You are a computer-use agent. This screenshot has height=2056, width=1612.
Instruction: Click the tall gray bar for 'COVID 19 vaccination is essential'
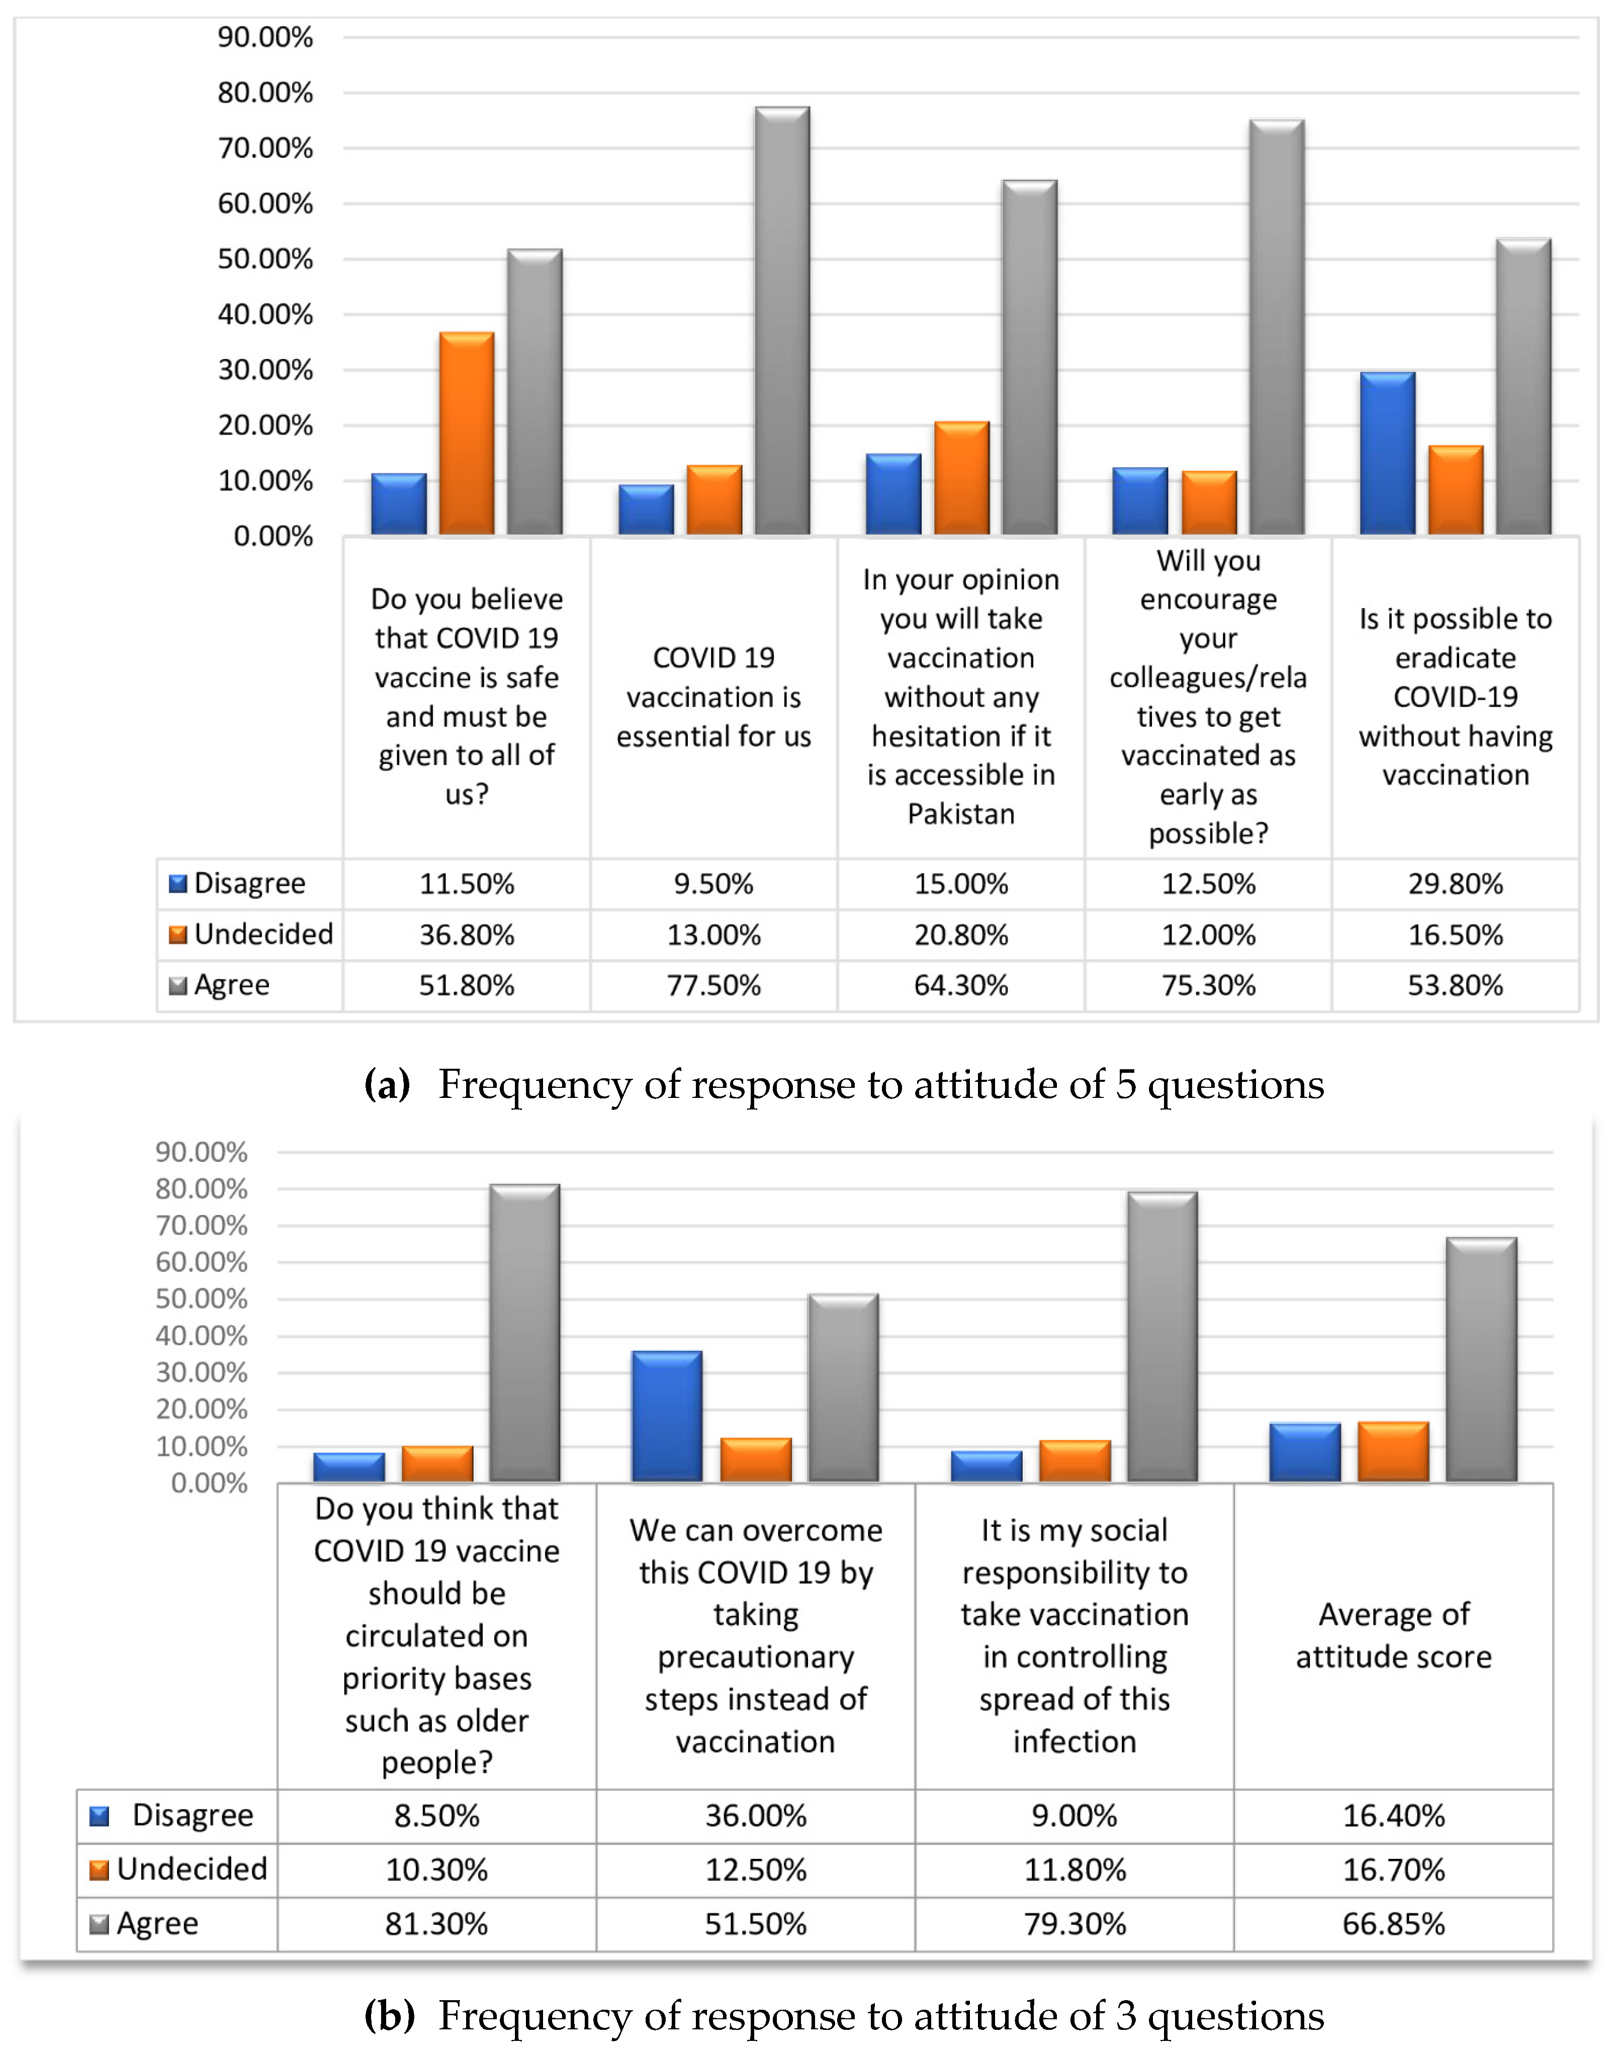click(782, 321)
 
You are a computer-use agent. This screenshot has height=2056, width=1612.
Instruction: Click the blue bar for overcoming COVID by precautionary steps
click(667, 1416)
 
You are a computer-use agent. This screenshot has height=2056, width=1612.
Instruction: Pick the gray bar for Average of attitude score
click(1482, 1359)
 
